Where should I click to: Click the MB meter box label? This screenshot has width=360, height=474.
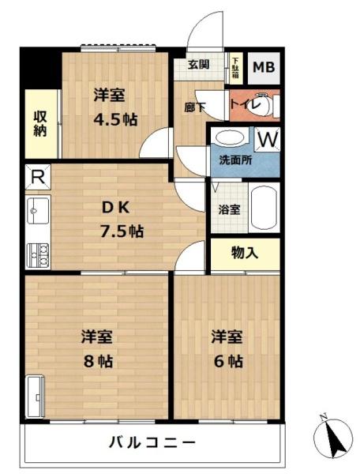[264, 68]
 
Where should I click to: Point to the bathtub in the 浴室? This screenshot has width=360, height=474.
[264, 208]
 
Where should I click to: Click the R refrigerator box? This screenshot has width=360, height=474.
[36, 177]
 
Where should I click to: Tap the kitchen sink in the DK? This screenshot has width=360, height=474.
[36, 210]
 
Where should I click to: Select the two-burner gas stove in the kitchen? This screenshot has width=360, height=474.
[36, 254]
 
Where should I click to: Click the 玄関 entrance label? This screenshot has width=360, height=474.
[198, 65]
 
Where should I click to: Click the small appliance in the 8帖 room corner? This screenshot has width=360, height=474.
[36, 396]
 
